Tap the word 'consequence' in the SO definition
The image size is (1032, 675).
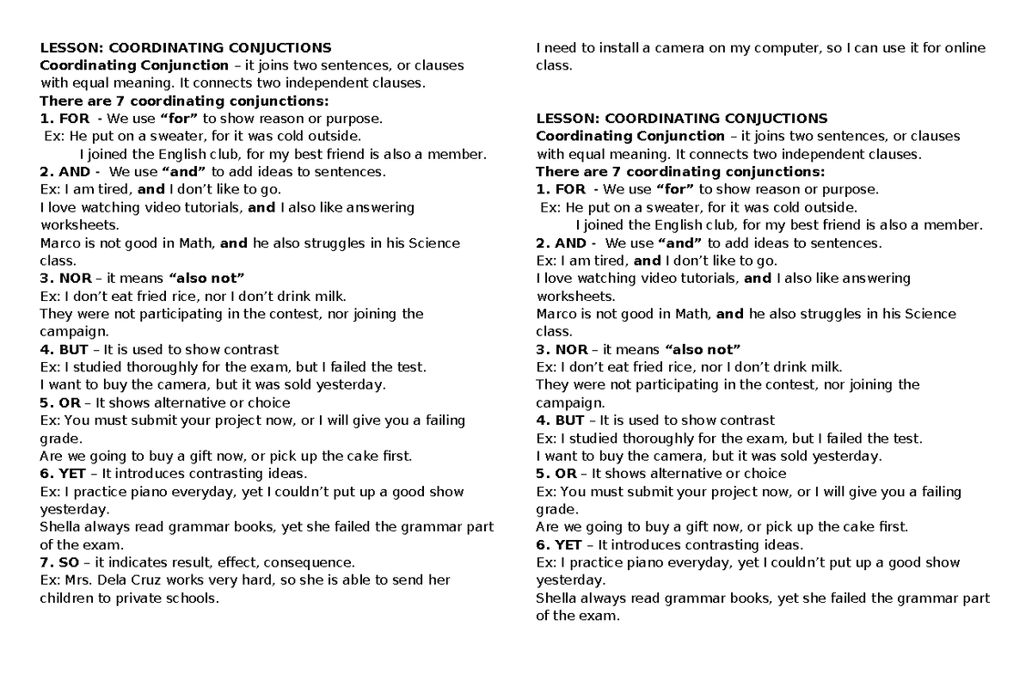pyautogui.click(x=312, y=562)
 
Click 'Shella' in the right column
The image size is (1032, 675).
pyautogui.click(x=556, y=598)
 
